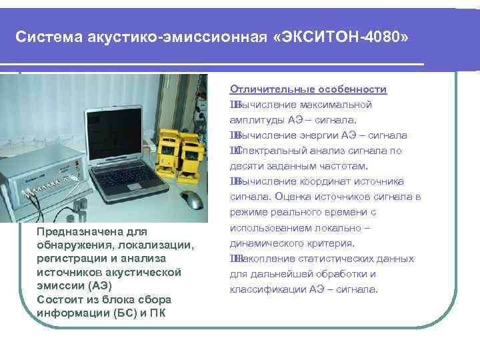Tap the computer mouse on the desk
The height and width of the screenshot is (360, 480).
(x=193, y=199)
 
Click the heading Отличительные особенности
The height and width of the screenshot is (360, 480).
(x=309, y=89)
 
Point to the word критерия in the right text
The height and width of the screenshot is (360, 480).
(x=327, y=243)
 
